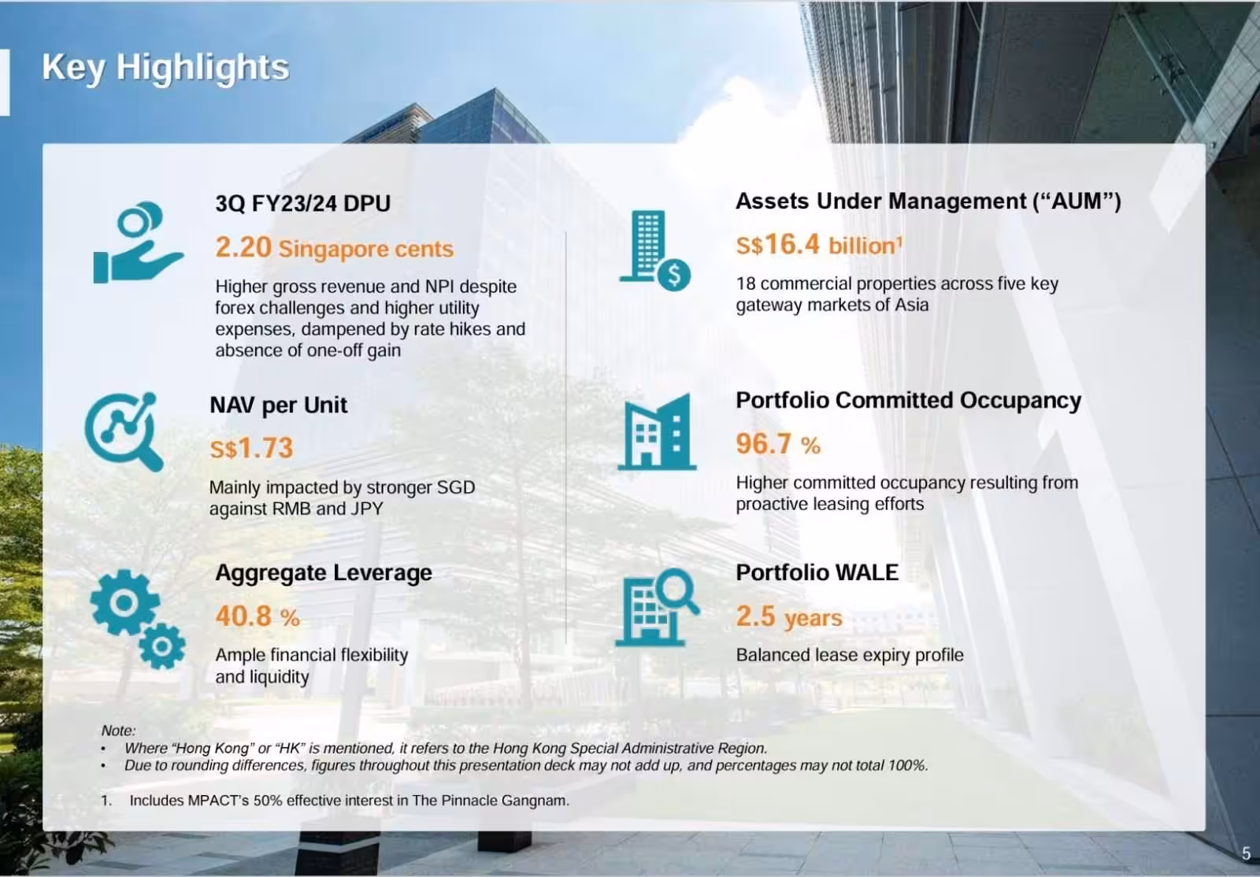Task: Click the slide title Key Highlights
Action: (165, 68)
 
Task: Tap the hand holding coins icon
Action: (137, 243)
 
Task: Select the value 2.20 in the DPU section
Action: (243, 248)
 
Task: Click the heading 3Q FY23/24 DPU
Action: (302, 203)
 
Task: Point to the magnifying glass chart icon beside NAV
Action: (124, 431)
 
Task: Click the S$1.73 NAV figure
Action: (251, 449)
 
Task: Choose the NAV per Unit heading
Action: (278, 405)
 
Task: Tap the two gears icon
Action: (138, 619)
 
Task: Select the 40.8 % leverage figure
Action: (257, 616)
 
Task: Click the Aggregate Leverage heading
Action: (323, 572)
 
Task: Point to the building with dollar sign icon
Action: (654, 250)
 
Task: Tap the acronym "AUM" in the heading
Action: (1077, 202)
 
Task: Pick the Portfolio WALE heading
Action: (817, 572)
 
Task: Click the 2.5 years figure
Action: (789, 617)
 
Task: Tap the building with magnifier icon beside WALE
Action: (656, 607)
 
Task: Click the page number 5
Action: (1246, 853)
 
